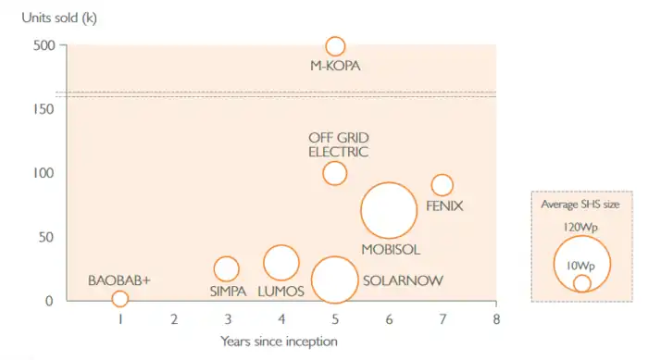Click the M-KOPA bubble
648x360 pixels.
pyautogui.click(x=335, y=46)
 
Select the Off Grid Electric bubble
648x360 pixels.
pyautogui.click(x=334, y=173)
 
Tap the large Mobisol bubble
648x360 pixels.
pyautogui.click(x=389, y=212)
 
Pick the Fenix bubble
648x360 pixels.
pyautogui.click(x=442, y=185)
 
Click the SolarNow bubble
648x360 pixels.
pyautogui.click(x=334, y=279)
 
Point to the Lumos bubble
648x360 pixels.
pyautogui.click(x=281, y=262)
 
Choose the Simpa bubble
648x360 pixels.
pyautogui.click(x=227, y=268)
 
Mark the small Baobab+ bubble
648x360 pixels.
pyautogui.click(x=119, y=298)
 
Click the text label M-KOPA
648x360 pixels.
pyautogui.click(x=334, y=66)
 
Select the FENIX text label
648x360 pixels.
pyautogui.click(x=444, y=205)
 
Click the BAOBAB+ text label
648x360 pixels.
pyautogui.click(x=119, y=279)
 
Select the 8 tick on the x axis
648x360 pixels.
pyautogui.click(x=496, y=318)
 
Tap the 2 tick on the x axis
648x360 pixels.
pyautogui.click(x=173, y=318)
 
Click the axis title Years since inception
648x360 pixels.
pyautogui.click(x=279, y=341)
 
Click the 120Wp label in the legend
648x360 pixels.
pyautogui.click(x=581, y=227)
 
